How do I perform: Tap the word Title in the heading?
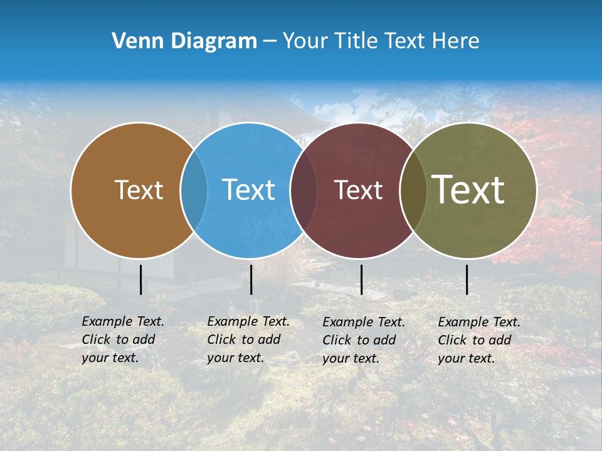tap(355, 41)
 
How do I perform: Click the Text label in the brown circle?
tap(139, 190)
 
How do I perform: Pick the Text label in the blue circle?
tap(248, 190)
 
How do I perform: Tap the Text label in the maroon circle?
tap(358, 190)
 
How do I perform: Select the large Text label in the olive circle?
tap(468, 190)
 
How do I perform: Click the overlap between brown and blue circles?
tap(194, 190)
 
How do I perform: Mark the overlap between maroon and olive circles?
tap(413, 190)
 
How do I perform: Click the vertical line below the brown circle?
tap(141, 279)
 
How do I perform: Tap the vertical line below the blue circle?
tap(251, 279)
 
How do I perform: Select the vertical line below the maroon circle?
tap(361, 279)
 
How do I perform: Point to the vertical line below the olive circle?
tap(467, 279)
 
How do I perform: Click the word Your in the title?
tap(305, 41)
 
